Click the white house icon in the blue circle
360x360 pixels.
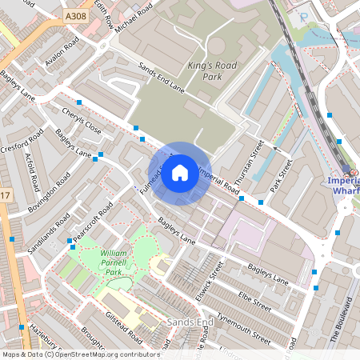[x=180, y=173]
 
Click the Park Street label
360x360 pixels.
[x=281, y=176]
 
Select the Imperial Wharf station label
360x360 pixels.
[x=344, y=186]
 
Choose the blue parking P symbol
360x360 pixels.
[x=302, y=16]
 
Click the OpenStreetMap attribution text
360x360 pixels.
[x=81, y=354]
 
